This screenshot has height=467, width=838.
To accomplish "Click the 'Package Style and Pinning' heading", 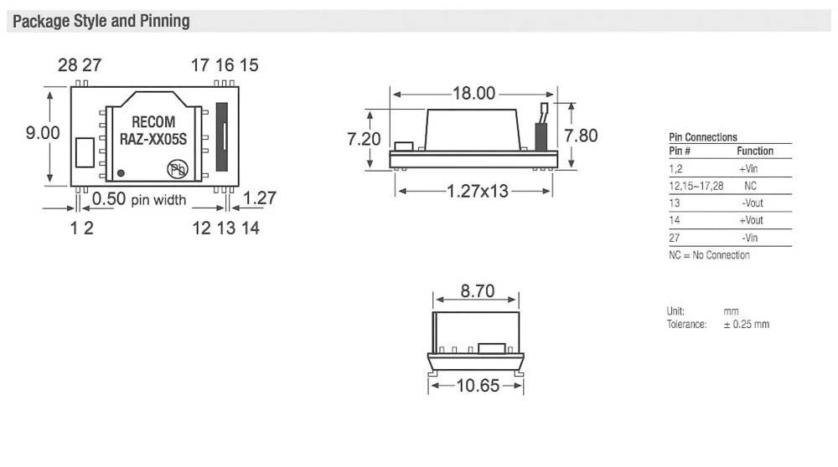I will point(101,21).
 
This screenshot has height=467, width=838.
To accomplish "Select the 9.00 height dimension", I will point(43,133).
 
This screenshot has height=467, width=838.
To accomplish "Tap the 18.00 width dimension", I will point(474,93).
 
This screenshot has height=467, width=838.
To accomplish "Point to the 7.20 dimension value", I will point(365,139).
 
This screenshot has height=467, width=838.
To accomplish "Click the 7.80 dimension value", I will point(581,136).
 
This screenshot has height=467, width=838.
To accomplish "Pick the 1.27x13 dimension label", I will point(474,191).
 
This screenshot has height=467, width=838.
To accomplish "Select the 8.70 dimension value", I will point(476,291).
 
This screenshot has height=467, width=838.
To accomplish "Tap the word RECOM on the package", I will point(153,122).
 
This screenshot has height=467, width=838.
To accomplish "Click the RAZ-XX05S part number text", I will point(153,138).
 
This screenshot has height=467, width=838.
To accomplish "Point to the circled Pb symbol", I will point(177,170).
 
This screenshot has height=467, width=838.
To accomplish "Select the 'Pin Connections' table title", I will point(703,137).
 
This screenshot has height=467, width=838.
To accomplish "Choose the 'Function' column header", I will point(754,151).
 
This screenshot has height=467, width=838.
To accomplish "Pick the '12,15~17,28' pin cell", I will point(696,186).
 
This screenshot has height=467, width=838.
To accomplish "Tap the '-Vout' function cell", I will point(752,203).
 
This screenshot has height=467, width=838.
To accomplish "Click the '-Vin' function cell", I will point(751,239).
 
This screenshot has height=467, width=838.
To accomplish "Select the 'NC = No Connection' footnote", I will point(709,255).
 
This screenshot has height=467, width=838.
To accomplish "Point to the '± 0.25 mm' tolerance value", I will point(746,324).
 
